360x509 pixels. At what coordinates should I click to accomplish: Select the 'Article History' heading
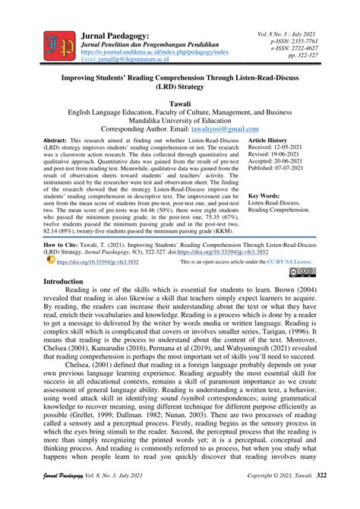[x=268, y=141]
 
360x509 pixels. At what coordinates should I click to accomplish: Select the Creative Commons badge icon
[x=307, y=250]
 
